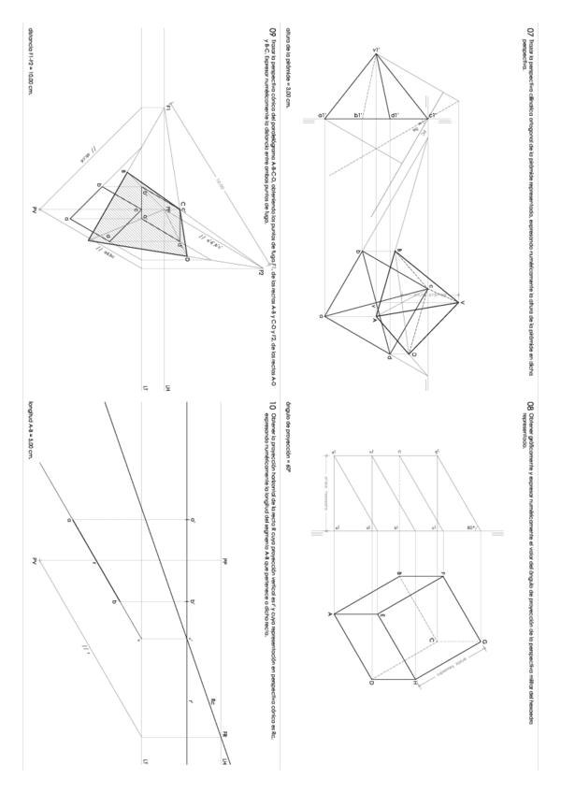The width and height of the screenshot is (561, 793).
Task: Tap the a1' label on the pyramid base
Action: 322,116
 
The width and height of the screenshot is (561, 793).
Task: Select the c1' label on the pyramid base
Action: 433,115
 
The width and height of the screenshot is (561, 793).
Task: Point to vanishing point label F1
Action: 166,108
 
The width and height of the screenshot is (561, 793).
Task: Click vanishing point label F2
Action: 263,272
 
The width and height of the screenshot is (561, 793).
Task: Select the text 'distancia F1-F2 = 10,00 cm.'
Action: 31,61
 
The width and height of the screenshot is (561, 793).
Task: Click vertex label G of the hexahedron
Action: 483,642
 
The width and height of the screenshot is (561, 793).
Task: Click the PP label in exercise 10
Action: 225,560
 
